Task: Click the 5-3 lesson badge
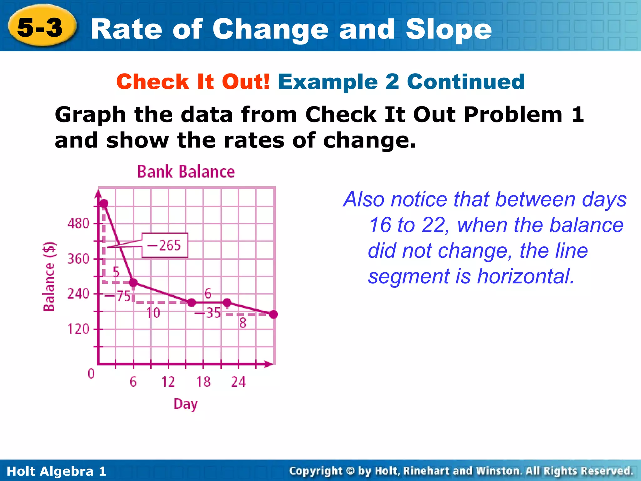tap(41, 28)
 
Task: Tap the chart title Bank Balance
tap(186, 172)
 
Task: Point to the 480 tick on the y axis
tap(79, 224)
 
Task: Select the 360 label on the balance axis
tap(79, 259)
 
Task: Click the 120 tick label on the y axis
tap(79, 329)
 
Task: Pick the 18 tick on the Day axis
tap(203, 382)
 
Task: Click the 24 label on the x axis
tap(238, 382)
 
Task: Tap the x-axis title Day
tap(186, 404)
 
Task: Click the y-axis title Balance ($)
tap(49, 277)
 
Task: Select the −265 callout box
tap(165, 245)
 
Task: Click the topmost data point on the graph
tap(104, 204)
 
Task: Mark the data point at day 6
tap(133, 282)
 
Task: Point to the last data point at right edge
tap(273, 314)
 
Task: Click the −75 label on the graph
tap(118, 296)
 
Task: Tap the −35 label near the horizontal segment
tap(208, 313)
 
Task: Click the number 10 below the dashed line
tap(153, 313)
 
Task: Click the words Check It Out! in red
tap(193, 82)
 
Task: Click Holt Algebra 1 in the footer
tap(56, 471)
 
